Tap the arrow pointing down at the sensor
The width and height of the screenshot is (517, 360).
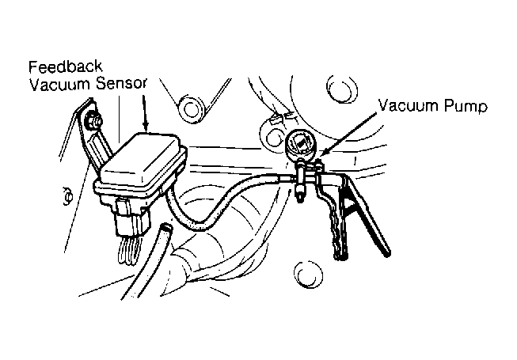(146, 111)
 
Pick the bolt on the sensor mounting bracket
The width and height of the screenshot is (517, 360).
(96, 120)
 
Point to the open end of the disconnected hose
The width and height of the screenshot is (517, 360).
(165, 231)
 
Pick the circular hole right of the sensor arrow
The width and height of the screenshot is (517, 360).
(190, 105)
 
